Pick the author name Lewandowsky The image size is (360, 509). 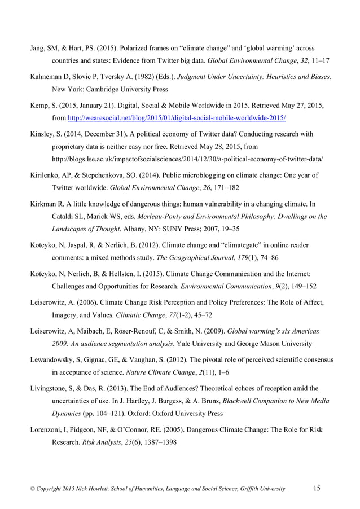point(47,359)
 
